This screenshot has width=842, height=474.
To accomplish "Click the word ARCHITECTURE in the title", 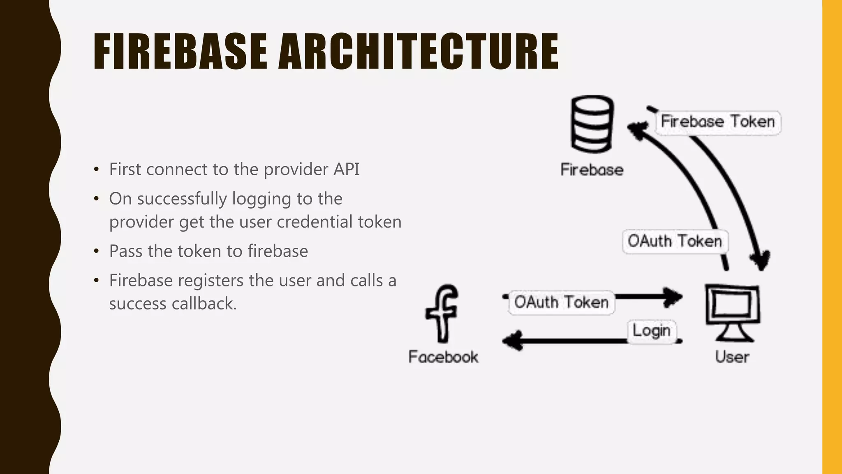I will [419, 51].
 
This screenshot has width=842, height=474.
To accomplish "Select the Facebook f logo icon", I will [442, 314].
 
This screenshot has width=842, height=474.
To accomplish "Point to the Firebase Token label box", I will [718, 122].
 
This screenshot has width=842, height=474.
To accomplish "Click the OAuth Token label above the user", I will [675, 242].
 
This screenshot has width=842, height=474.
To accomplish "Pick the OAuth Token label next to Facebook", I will [561, 302].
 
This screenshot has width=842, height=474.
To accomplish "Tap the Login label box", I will [652, 331].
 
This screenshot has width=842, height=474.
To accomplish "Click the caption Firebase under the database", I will [592, 170].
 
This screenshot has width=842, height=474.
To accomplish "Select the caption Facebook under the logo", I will [443, 357].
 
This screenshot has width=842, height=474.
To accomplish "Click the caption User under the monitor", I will [732, 357].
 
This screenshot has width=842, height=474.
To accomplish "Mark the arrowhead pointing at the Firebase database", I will [636, 130].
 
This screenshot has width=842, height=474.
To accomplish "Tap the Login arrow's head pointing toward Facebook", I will [512, 341].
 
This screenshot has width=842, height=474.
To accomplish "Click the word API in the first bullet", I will [346, 170].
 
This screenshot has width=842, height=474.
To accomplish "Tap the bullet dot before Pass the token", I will [96, 251].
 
